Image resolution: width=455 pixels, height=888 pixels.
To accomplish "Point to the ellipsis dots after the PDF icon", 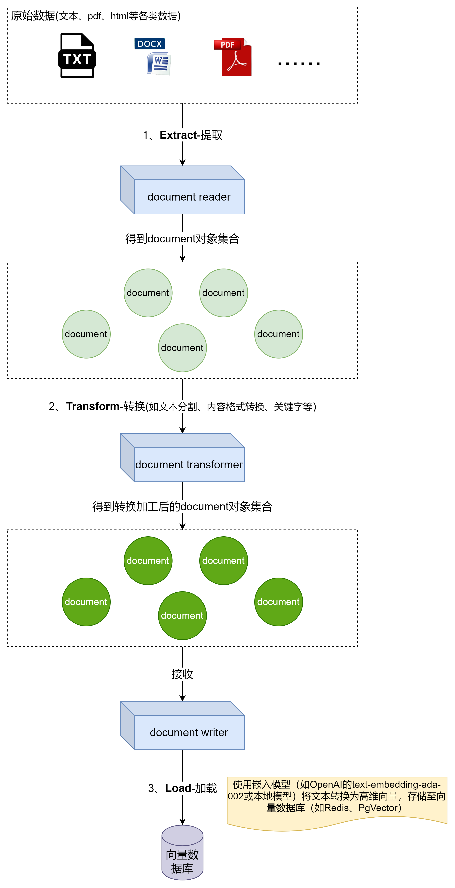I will pyautogui.click(x=299, y=63).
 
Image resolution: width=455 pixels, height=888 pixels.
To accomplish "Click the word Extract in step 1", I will pyautogui.click(x=178, y=135).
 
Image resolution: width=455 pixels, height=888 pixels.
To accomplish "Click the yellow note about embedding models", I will pyautogui.click(x=337, y=800).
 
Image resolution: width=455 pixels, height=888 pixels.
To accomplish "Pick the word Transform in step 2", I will pyautogui.click(x=92, y=406).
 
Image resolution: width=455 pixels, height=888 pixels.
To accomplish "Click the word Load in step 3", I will pyautogui.click(x=178, y=788).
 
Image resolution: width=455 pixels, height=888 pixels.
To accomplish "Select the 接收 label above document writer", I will pyautogui.click(x=182, y=674).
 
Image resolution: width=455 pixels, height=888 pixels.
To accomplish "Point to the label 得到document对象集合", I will pyautogui.click(x=182, y=238).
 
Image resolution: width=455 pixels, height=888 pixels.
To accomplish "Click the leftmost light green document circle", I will pyautogui.click(x=86, y=334).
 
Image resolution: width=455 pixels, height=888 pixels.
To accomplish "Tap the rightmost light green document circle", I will pyautogui.click(x=278, y=334).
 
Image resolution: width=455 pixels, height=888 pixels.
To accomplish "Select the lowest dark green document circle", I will pyautogui.click(x=182, y=616).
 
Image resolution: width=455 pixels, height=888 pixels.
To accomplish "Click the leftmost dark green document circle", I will pyautogui.click(x=86, y=602).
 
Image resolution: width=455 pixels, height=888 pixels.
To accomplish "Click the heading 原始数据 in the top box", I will pyautogui.click(x=33, y=16).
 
